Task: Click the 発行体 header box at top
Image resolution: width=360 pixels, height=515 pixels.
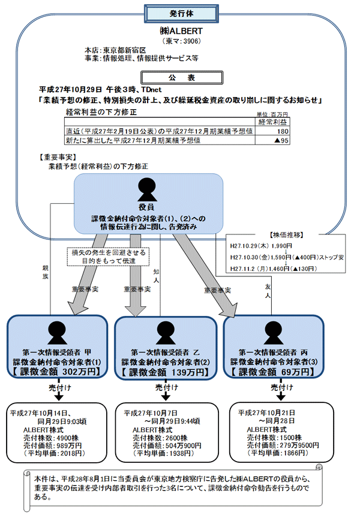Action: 180,13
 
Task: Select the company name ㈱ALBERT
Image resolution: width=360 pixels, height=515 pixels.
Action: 179,31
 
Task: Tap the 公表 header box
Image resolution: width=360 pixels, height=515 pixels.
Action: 180,77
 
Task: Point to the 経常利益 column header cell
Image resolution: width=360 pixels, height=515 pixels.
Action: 272,122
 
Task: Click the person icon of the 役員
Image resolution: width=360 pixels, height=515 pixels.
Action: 148,189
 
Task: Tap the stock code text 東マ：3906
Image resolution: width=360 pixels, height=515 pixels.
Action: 180,41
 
